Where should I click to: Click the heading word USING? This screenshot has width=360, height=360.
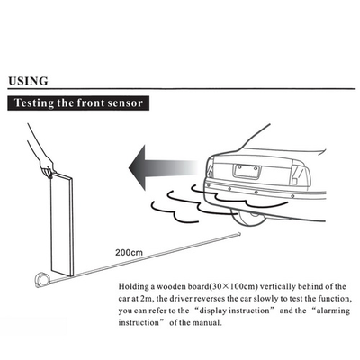[x=28, y=81]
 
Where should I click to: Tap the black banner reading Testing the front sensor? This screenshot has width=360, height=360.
[x=78, y=103]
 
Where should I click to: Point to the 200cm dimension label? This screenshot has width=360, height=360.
[x=129, y=252]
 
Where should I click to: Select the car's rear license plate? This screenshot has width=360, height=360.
[x=247, y=171]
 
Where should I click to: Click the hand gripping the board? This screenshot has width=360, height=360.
[x=48, y=168]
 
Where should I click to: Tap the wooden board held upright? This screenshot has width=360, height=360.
[x=62, y=224]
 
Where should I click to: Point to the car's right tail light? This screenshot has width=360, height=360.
[x=301, y=175]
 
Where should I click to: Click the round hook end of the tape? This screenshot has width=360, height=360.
[x=238, y=233]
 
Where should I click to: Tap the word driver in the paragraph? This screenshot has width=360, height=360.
[x=180, y=299]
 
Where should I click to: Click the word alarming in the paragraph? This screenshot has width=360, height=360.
[x=334, y=311]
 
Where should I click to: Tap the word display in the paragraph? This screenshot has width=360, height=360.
[x=212, y=311]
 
